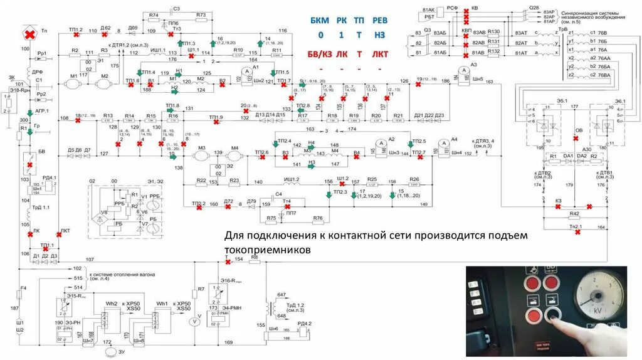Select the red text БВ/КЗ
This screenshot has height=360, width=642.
tap(322, 54)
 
